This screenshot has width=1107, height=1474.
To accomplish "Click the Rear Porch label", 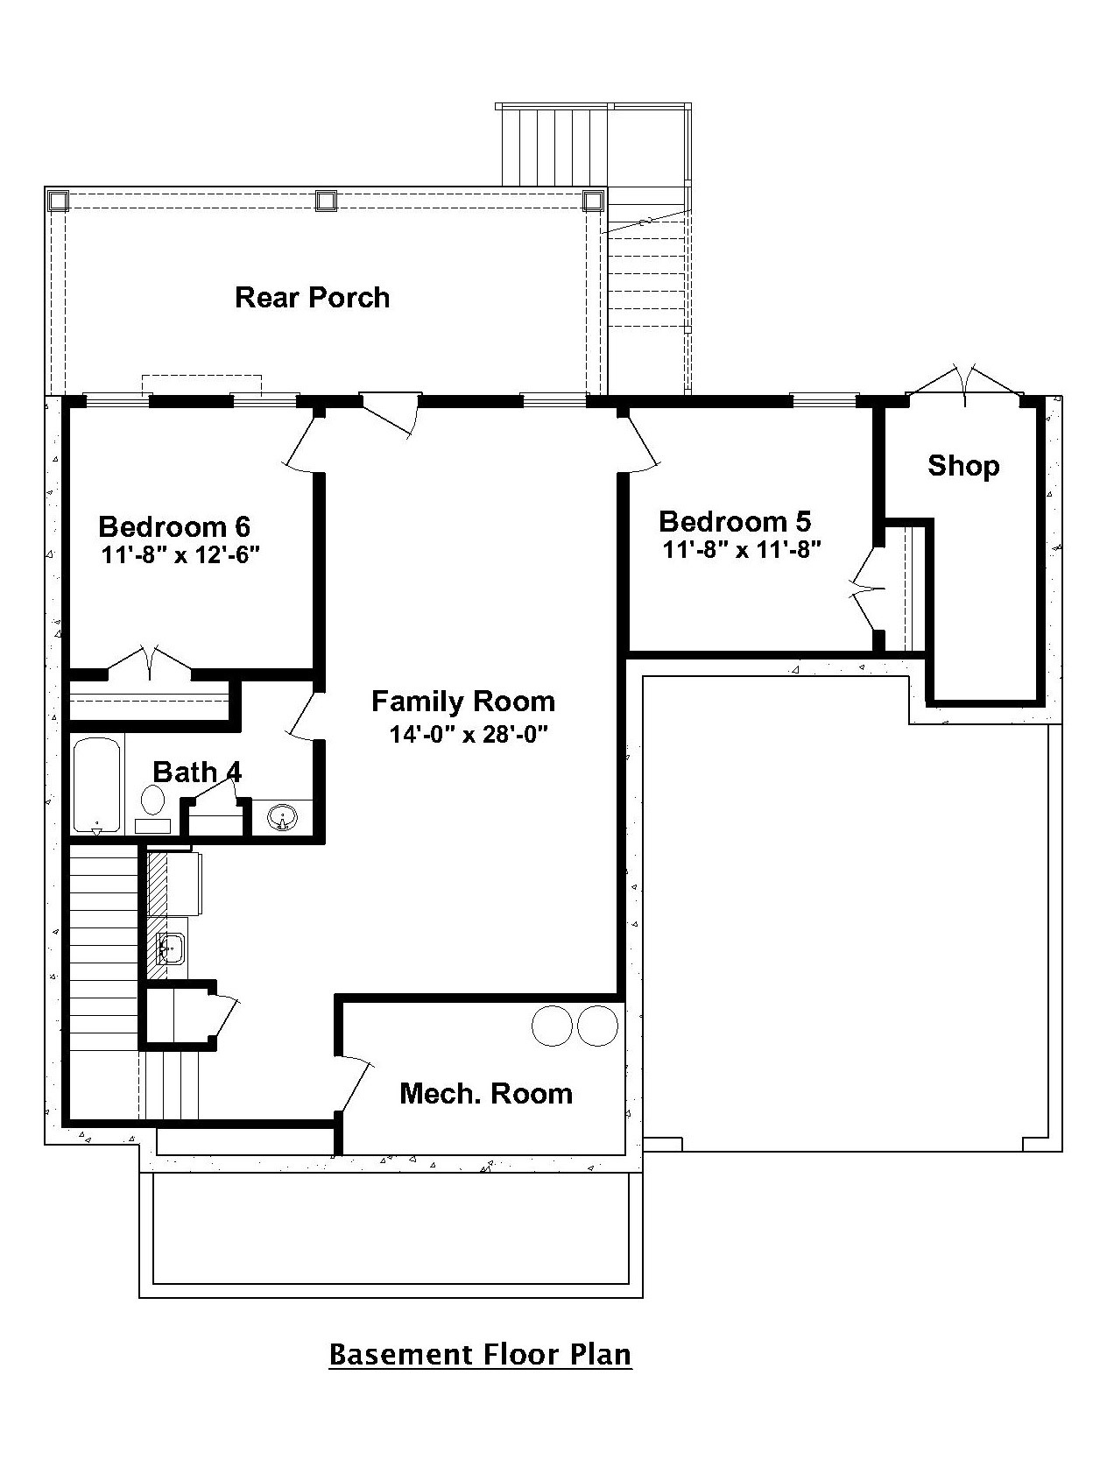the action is coord(312,298).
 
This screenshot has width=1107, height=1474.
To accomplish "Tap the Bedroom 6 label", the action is coord(174,526).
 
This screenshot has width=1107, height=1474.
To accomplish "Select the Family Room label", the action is coord(463,702).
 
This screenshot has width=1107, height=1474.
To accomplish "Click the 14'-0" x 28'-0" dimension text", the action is coord(469,734).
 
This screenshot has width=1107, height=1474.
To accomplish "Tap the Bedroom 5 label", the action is coord(735,522).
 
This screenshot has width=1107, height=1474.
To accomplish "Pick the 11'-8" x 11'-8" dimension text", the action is coord(741,550).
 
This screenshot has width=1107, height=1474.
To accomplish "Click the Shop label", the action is coord(963,466).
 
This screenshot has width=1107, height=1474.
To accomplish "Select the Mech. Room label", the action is coord(486,1093).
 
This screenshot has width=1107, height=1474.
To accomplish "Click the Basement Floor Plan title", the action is coord(480,1354).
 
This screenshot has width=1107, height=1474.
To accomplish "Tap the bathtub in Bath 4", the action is coord(97,785).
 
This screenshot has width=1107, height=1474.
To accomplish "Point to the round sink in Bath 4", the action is coord(282,819).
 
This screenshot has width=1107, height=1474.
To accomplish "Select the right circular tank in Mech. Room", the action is coord(597,1025).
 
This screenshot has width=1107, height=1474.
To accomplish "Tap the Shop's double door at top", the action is coord(964,385).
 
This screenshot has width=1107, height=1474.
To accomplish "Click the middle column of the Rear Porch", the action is coord(327,201).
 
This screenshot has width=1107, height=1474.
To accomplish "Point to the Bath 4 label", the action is coord(197,772).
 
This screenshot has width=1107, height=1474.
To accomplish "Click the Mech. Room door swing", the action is coord(355,1086).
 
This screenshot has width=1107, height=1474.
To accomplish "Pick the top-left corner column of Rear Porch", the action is coord(58,201).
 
